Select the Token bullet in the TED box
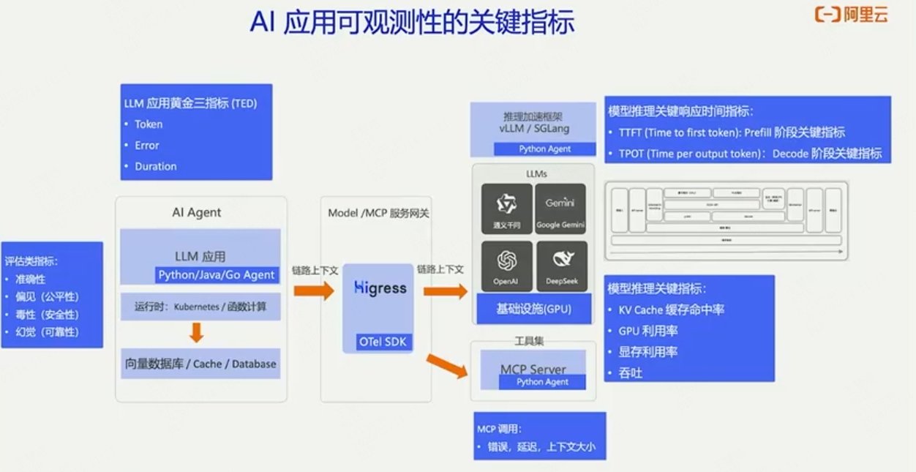click(x=149, y=124)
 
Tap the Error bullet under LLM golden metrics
click(x=147, y=146)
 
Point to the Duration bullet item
click(x=156, y=166)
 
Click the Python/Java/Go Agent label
click(x=217, y=275)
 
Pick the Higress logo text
click(x=380, y=288)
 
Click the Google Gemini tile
click(x=560, y=208)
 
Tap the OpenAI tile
click(x=506, y=266)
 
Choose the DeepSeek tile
click(x=561, y=266)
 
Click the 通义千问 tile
click(x=506, y=208)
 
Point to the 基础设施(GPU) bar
click(x=533, y=309)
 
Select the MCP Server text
click(x=533, y=369)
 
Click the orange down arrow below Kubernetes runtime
click(x=196, y=334)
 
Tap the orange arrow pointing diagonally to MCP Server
click(x=447, y=365)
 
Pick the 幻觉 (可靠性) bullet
click(x=47, y=332)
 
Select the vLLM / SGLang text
click(x=533, y=129)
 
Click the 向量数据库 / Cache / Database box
click(x=200, y=364)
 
